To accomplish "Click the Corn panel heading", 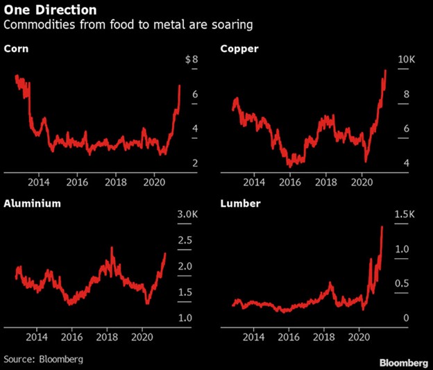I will point(17,49).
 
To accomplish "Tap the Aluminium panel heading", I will point(33,204).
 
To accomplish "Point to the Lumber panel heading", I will point(241,204).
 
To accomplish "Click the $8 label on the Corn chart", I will point(192,60).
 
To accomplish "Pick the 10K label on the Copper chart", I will point(406,60).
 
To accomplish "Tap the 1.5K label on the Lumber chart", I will point(404,216).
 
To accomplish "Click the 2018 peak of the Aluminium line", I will point(112,248).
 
